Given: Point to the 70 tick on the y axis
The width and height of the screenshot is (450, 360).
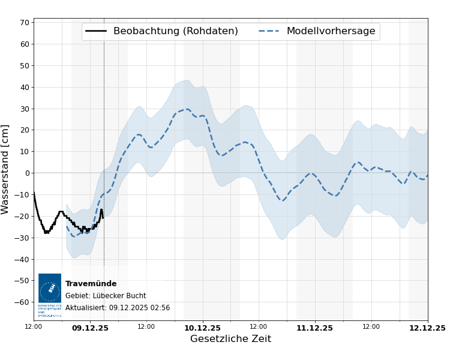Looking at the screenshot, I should pos(25,23).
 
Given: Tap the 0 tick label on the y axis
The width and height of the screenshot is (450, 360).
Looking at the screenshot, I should pos(27,173).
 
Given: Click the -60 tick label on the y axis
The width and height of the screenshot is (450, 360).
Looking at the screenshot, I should pos(23,302).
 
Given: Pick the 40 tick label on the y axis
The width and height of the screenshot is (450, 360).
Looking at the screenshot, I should pos(25,87).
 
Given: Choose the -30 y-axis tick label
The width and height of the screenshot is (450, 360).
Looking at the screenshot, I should pos(23,238).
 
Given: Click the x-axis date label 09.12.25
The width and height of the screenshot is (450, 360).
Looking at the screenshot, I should pos(90,328).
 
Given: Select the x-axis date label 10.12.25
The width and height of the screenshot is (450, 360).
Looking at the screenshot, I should pos(202,328).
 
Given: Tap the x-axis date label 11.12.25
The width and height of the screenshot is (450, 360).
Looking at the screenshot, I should pos(314,328).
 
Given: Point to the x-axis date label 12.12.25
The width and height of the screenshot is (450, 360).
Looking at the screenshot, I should pos(427,328).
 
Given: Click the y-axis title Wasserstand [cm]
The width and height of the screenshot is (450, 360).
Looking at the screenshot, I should pos(5,169).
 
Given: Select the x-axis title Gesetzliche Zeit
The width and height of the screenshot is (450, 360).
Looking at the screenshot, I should pos(230,339).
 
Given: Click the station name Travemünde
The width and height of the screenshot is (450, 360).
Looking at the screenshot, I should pos(91,284).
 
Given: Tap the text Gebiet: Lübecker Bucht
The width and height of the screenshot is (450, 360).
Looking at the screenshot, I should pos(106,296).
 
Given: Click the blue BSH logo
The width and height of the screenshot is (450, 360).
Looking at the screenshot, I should pos(50,289).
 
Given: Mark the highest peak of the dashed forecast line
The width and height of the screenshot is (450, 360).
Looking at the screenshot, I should pos(187,109).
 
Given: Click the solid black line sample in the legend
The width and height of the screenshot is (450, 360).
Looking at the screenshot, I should pos(96,31).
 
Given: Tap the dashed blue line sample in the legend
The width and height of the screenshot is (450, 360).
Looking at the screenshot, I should pos(269,31).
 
